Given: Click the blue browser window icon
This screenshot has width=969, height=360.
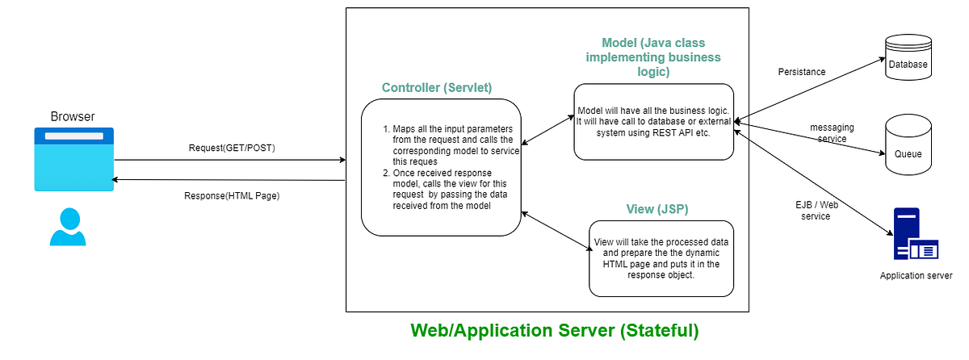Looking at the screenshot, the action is click(74, 159).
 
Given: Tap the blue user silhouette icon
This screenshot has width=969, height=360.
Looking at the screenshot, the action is click(68, 227).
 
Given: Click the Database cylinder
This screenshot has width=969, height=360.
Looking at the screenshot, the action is click(908, 57).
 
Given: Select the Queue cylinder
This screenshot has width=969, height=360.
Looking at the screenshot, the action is click(908, 144).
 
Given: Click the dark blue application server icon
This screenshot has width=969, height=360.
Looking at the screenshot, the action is click(916, 234).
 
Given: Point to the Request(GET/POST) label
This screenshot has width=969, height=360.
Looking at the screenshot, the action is click(232, 148).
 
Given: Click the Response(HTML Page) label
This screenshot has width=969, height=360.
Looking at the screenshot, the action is click(232, 196).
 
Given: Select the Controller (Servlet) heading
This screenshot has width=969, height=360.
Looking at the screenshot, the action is click(437, 88).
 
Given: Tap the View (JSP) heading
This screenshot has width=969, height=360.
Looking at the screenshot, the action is click(657, 209).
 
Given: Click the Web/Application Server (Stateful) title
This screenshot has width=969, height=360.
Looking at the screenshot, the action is click(555, 331).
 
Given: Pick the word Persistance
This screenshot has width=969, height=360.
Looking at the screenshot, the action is click(802, 72).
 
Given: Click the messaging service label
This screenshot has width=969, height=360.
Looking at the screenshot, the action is click(832, 133).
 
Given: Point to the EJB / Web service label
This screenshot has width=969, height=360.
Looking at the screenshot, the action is click(816, 211).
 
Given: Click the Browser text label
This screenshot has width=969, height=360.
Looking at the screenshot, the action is click(73, 116).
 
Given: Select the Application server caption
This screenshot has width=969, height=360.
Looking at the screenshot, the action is click(916, 275).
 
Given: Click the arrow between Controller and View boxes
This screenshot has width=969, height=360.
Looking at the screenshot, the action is click(556, 231).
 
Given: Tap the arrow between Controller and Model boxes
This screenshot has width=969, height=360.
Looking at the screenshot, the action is click(547, 130).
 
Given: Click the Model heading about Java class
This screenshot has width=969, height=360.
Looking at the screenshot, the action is click(653, 57).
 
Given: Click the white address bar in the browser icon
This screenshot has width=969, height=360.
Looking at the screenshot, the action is click(74, 136).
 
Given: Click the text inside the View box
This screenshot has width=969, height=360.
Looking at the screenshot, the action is click(661, 258).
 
